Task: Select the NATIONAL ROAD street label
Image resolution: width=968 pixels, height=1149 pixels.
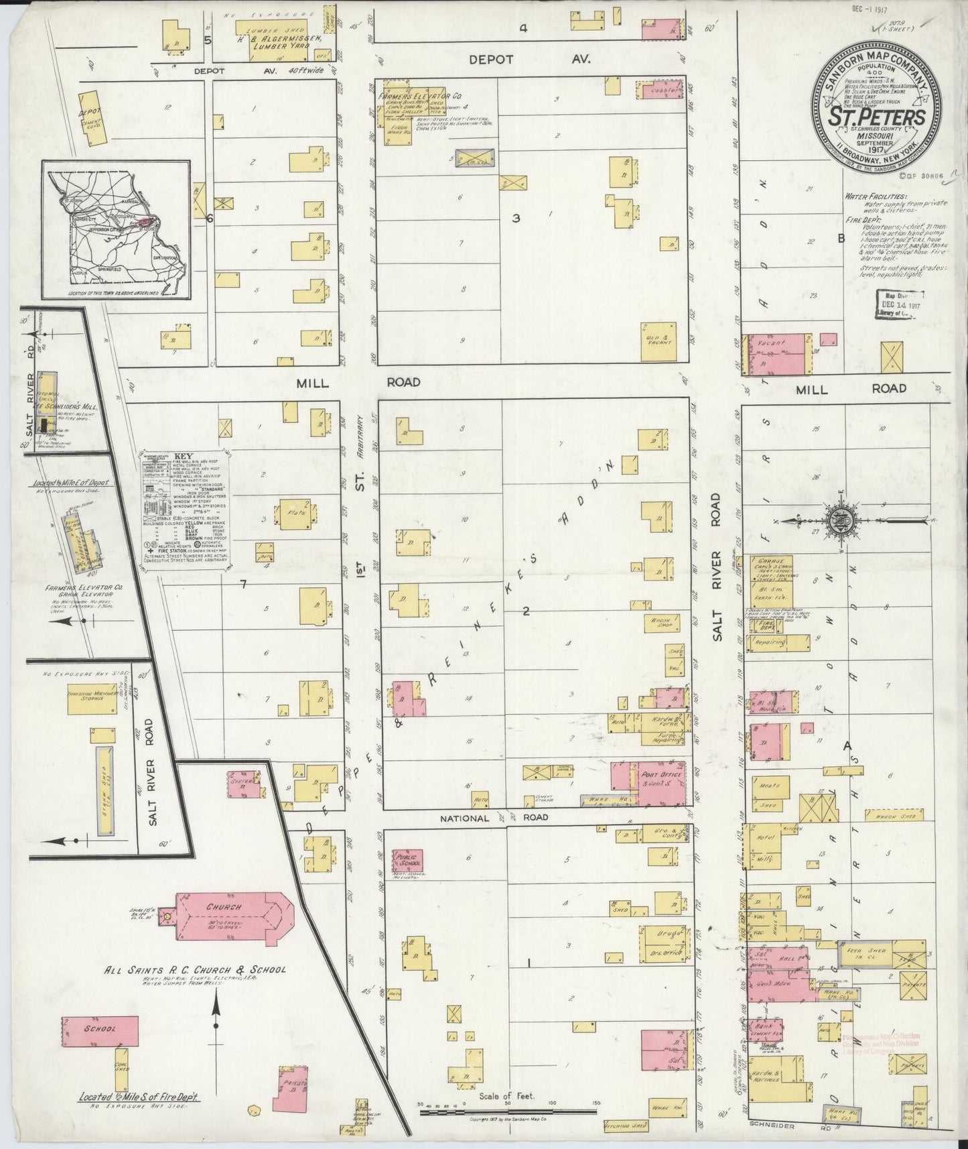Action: click(494, 817)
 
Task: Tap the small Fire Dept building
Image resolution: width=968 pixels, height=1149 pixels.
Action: click(764, 625)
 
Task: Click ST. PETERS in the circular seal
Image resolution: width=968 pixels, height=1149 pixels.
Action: click(878, 117)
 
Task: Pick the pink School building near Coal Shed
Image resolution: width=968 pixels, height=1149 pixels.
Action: click(100, 1028)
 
